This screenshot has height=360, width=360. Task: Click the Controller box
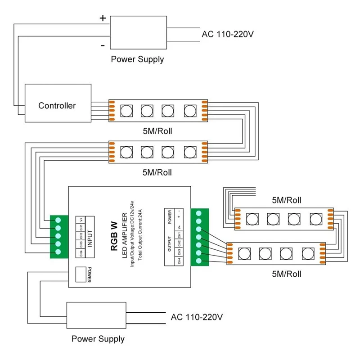(58, 103)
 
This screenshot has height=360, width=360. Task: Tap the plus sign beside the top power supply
(103, 18)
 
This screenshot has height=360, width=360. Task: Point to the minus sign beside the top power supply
(103, 46)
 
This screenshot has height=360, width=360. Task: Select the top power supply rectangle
(139, 32)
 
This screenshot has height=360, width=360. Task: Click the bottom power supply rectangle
(96, 315)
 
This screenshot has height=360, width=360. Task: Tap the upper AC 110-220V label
(228, 34)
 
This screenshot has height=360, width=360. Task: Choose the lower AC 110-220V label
(197, 317)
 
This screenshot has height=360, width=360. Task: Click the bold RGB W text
(114, 236)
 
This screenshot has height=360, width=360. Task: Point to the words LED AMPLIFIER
(125, 235)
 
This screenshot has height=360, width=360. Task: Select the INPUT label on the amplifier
(90, 238)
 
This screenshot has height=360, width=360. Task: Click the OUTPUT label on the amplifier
(170, 244)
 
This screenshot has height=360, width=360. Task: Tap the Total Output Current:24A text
(140, 235)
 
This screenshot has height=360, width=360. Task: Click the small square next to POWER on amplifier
(81, 274)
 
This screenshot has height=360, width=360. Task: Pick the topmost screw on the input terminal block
(58, 220)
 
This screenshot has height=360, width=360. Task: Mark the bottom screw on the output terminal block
(199, 261)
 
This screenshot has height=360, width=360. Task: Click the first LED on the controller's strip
(126, 111)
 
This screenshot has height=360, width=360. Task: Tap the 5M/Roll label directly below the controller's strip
(157, 131)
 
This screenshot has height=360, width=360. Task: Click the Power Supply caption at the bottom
(98, 339)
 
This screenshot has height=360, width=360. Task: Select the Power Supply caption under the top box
(137, 59)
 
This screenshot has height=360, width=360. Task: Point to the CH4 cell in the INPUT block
(81, 253)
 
